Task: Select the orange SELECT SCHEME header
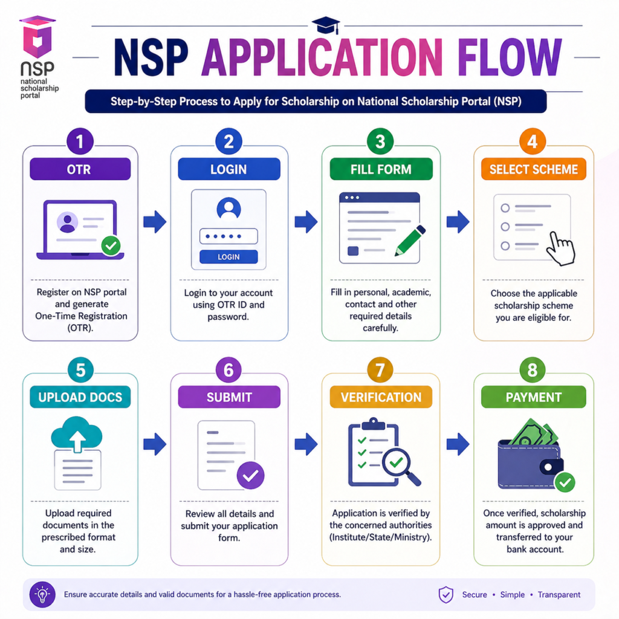coord(534,170)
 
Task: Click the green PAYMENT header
coord(533,397)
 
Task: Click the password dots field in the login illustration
coord(228,236)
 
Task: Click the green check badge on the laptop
coord(111,245)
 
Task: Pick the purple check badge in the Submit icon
coord(250,475)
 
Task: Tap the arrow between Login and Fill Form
coord(306,222)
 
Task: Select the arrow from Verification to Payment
coord(458,444)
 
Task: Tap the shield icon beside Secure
coord(446,594)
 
